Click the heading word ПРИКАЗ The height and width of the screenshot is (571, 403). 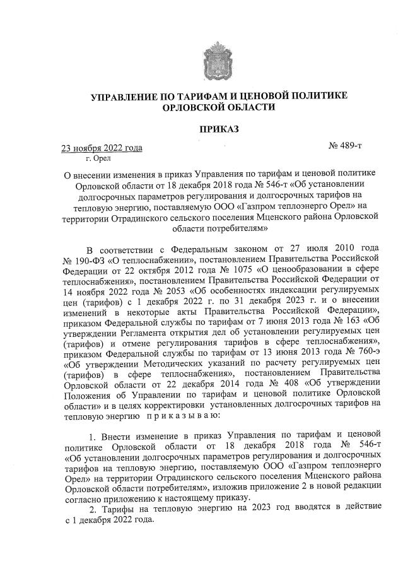tap(219, 129)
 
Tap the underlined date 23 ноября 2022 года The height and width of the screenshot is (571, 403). tap(101, 149)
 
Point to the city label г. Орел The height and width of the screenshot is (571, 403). tap(87, 159)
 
